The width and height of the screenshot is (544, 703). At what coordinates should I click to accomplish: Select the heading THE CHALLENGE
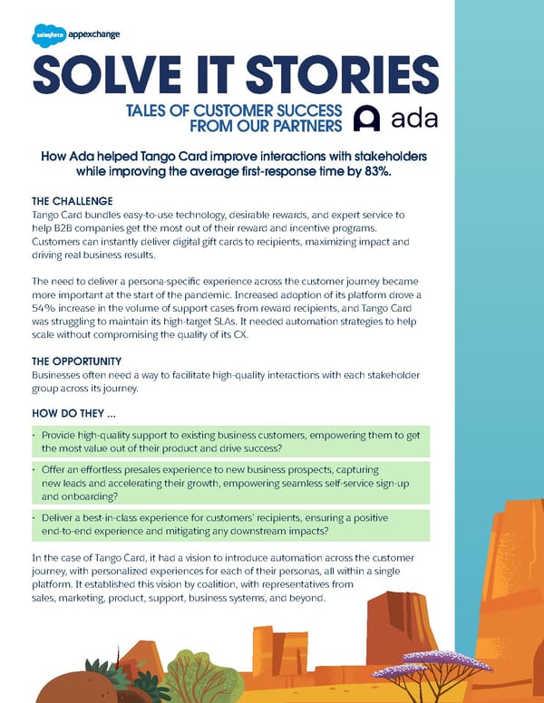[73, 200]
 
